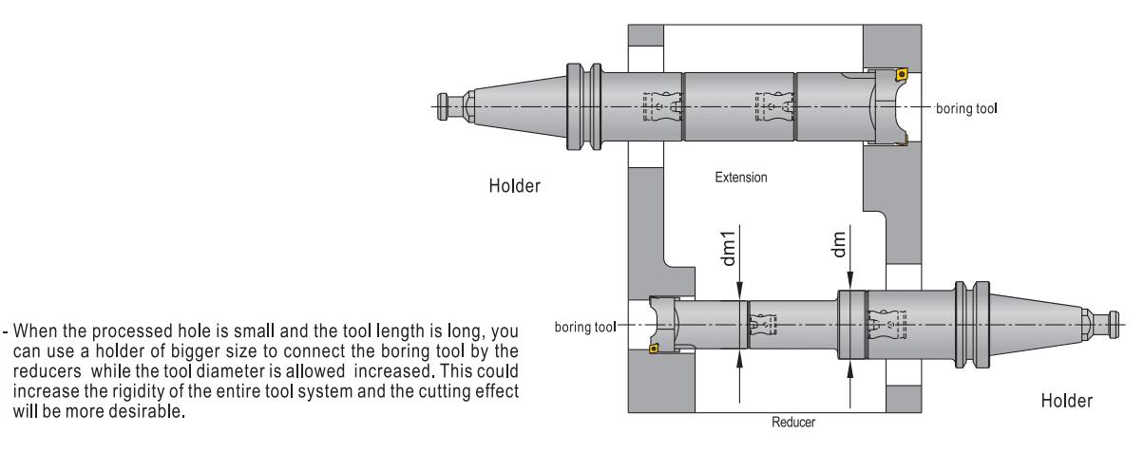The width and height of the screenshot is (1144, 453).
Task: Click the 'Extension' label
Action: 740,178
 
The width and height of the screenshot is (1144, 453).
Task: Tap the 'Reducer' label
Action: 793,422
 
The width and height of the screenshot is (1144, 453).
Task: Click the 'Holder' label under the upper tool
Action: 514,185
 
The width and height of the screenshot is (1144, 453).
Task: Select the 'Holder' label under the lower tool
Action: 1067,401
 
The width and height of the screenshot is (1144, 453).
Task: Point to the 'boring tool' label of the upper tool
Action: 966,109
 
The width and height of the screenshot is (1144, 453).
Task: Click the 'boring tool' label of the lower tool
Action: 585,327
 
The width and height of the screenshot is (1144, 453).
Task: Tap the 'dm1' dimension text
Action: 729,248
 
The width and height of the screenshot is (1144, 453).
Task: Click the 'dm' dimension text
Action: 839,244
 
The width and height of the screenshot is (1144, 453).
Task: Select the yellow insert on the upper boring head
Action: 902,73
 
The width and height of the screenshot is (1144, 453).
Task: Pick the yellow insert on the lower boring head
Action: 653,349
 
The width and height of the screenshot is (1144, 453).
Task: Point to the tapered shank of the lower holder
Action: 1037,324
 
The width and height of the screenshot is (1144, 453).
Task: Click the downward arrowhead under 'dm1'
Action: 739,291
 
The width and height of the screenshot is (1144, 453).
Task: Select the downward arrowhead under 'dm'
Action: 849,281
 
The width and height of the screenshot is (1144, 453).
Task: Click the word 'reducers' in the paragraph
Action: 47,371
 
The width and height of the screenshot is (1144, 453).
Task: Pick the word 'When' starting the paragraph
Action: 35,330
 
